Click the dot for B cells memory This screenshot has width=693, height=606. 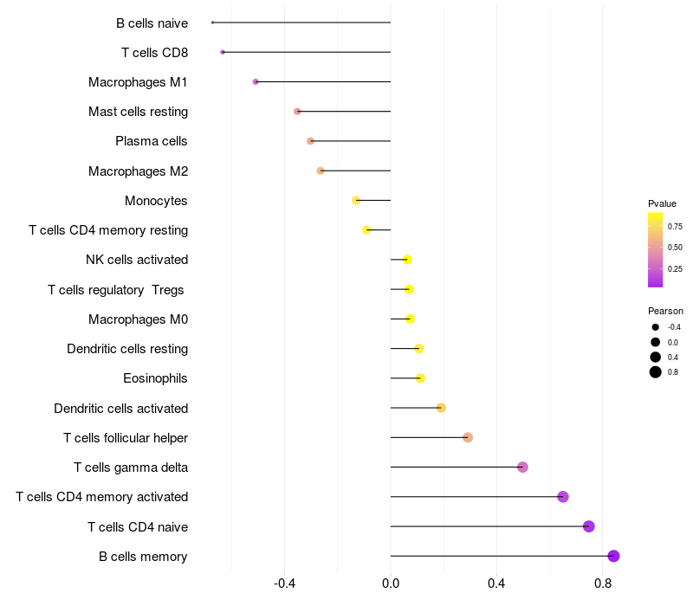coord(613,556)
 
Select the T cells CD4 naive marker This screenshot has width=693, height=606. coord(589,526)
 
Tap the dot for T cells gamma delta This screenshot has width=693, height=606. coord(522,467)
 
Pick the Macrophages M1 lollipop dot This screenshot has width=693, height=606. coord(256,81)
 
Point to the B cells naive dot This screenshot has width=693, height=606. coord(212,23)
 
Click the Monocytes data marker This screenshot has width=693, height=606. coord(356,200)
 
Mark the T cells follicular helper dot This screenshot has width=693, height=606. coord(468,437)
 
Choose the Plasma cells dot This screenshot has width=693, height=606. coord(310,141)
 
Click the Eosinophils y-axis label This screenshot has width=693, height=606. coord(156,378)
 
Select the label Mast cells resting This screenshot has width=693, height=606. coord(138,112)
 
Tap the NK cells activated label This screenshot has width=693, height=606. coord(137,260)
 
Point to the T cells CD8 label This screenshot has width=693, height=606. coord(154,53)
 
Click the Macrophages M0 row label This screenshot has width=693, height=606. coord(138,319)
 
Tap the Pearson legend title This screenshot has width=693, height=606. coord(665,311)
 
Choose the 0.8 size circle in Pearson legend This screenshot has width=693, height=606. coord(656,372)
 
